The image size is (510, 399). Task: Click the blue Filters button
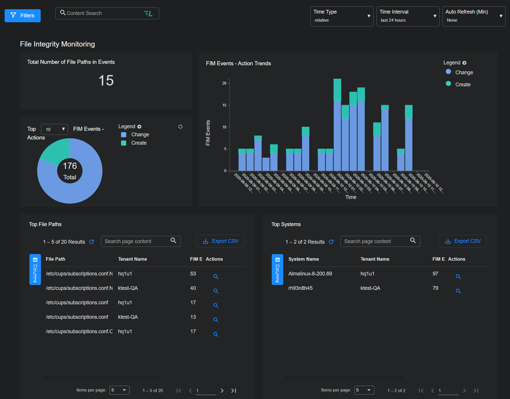point(22,16)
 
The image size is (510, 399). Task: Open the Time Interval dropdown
point(408,16)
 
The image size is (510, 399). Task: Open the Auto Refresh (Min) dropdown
point(474,16)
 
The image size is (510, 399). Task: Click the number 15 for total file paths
point(106,80)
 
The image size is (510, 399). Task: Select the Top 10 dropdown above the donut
point(55,129)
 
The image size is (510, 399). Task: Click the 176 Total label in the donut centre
point(70,171)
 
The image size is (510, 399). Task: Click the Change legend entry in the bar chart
point(464,72)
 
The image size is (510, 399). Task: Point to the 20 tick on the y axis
point(224,83)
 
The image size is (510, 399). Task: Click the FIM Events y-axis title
point(208,133)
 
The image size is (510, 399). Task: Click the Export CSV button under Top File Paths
point(220,241)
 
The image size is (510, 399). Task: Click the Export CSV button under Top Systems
point(462,241)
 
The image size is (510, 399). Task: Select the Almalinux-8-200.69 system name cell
point(310,274)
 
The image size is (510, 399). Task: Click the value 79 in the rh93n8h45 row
point(435,288)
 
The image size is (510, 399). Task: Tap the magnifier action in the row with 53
point(216,277)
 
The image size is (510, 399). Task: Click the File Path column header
point(55,259)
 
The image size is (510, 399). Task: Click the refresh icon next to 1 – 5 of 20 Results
point(92,242)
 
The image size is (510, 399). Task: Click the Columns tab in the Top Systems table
point(277,270)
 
